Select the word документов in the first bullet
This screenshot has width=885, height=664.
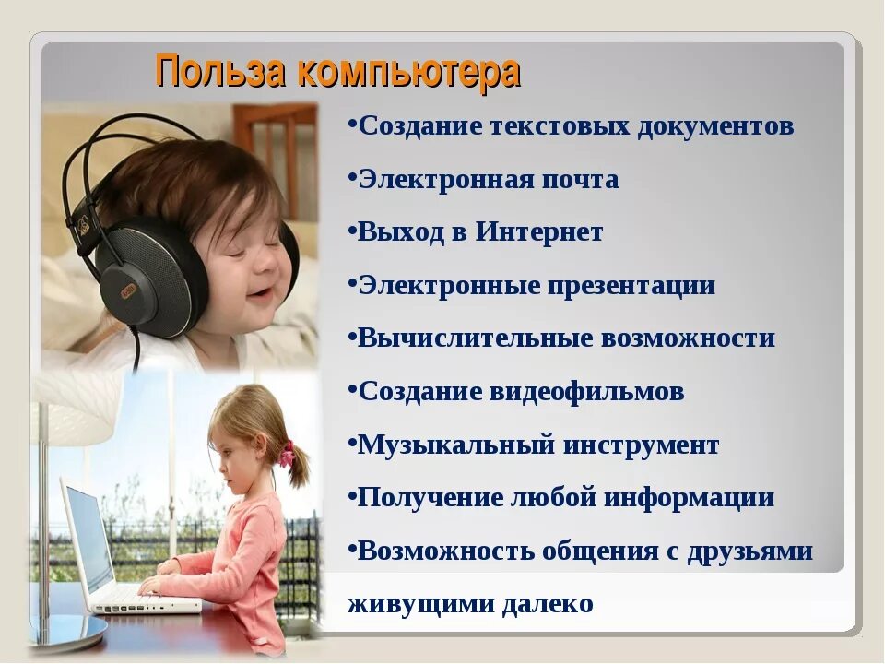coord(714,126)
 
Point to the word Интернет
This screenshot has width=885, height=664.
coord(539,232)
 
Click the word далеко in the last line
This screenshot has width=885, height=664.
coord(548,604)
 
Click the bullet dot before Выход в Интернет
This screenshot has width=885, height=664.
coord(353,231)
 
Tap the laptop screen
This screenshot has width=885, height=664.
coord(88,539)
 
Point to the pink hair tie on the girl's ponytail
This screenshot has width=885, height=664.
coord(288,453)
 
